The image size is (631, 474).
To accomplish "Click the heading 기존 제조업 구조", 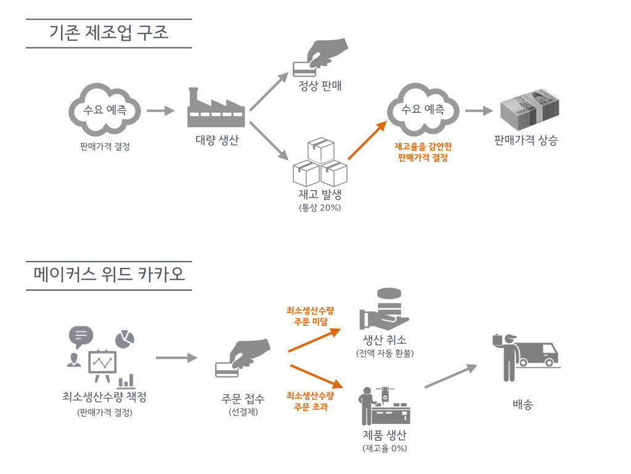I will click(x=108, y=33).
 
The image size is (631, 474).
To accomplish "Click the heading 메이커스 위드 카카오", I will click(x=108, y=273).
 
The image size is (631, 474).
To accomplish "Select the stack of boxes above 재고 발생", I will click(x=319, y=163).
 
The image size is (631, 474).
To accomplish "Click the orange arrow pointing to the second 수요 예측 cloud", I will click(x=368, y=141).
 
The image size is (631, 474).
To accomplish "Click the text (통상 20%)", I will click(x=319, y=207).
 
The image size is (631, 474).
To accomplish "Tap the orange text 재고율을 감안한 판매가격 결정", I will click(x=423, y=152).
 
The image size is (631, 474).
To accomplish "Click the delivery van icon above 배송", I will click(x=534, y=356).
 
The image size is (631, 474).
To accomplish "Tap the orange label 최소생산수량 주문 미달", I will click(x=310, y=315).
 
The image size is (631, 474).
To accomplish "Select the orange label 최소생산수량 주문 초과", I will click(x=310, y=401).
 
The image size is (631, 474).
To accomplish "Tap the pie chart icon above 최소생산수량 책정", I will click(x=125, y=338).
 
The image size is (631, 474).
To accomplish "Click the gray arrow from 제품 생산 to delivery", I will click(x=450, y=376).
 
